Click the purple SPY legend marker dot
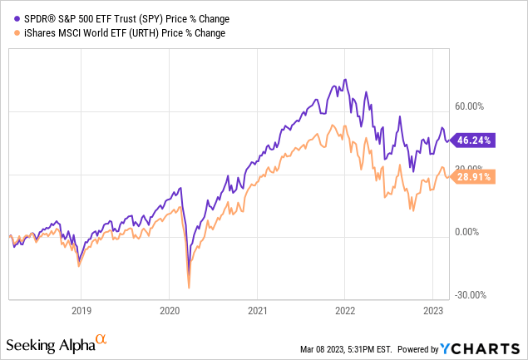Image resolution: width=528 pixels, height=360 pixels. (7, 17)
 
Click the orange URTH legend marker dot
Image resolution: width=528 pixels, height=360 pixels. (7, 32)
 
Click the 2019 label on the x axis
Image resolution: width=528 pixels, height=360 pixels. (80, 308)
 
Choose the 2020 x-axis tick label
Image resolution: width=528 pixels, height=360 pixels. (169, 308)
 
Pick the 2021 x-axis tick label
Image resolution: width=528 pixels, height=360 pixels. (257, 308)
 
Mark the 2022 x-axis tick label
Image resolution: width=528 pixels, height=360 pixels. (345, 308)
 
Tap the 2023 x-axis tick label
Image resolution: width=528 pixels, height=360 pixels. (433, 308)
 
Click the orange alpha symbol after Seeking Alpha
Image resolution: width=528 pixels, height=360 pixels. (101, 340)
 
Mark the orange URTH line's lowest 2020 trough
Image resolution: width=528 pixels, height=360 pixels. (189, 288)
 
